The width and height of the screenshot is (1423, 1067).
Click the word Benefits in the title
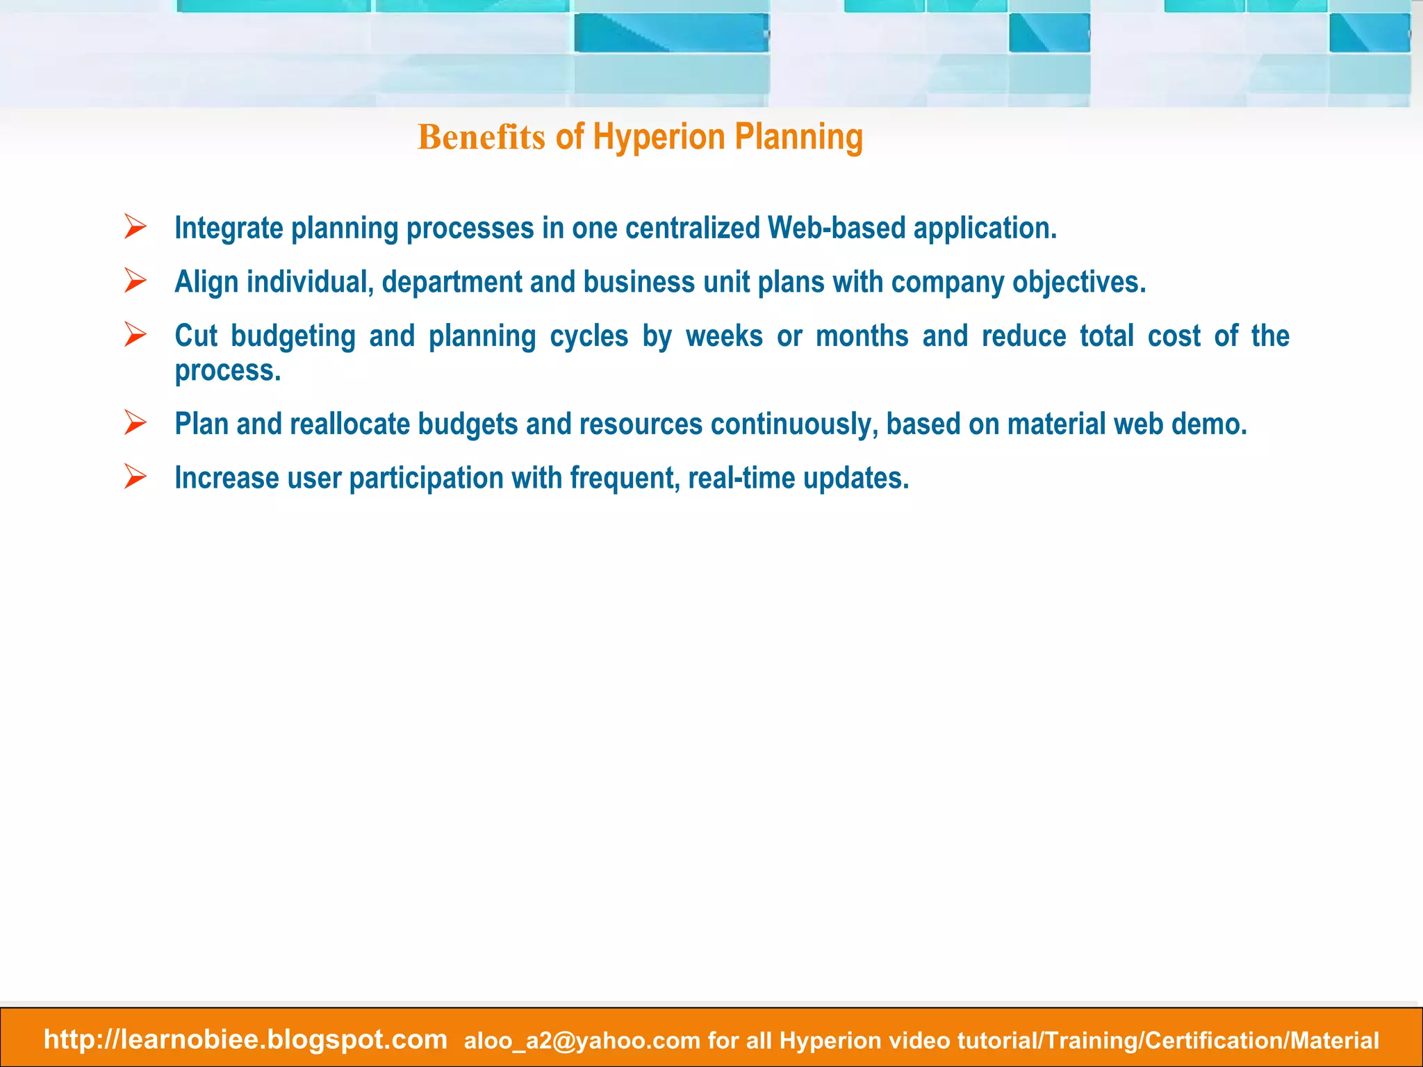coord(481,137)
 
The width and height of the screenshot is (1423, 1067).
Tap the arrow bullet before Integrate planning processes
coord(135,227)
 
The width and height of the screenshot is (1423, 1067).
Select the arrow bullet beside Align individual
coord(135,281)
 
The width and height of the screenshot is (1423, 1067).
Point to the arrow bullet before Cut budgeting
coord(135,335)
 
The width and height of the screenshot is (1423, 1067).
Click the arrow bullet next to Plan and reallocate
coord(135,422)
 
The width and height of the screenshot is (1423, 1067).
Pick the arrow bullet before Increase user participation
coord(135,477)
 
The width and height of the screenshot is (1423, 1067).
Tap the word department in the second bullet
coord(452,282)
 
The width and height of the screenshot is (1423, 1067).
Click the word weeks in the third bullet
coord(724,336)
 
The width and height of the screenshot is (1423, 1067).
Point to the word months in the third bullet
coord(862,336)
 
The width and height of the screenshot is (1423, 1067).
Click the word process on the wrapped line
coord(227,371)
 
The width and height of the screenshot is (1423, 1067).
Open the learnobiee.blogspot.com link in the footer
coord(245,1039)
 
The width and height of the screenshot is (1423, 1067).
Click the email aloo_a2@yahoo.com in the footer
coord(582,1041)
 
